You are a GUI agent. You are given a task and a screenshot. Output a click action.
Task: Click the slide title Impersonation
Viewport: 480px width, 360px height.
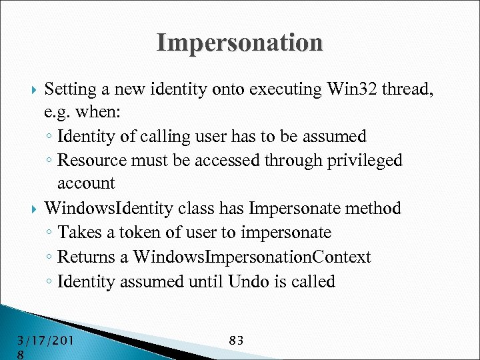(x=239, y=43)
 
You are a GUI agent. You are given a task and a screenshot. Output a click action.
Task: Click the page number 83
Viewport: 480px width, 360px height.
(x=236, y=341)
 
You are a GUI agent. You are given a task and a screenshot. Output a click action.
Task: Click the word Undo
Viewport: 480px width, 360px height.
(x=248, y=281)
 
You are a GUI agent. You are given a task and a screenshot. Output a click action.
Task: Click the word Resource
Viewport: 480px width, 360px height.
(x=87, y=161)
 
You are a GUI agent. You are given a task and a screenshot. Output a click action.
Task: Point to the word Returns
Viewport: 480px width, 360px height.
(x=83, y=257)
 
